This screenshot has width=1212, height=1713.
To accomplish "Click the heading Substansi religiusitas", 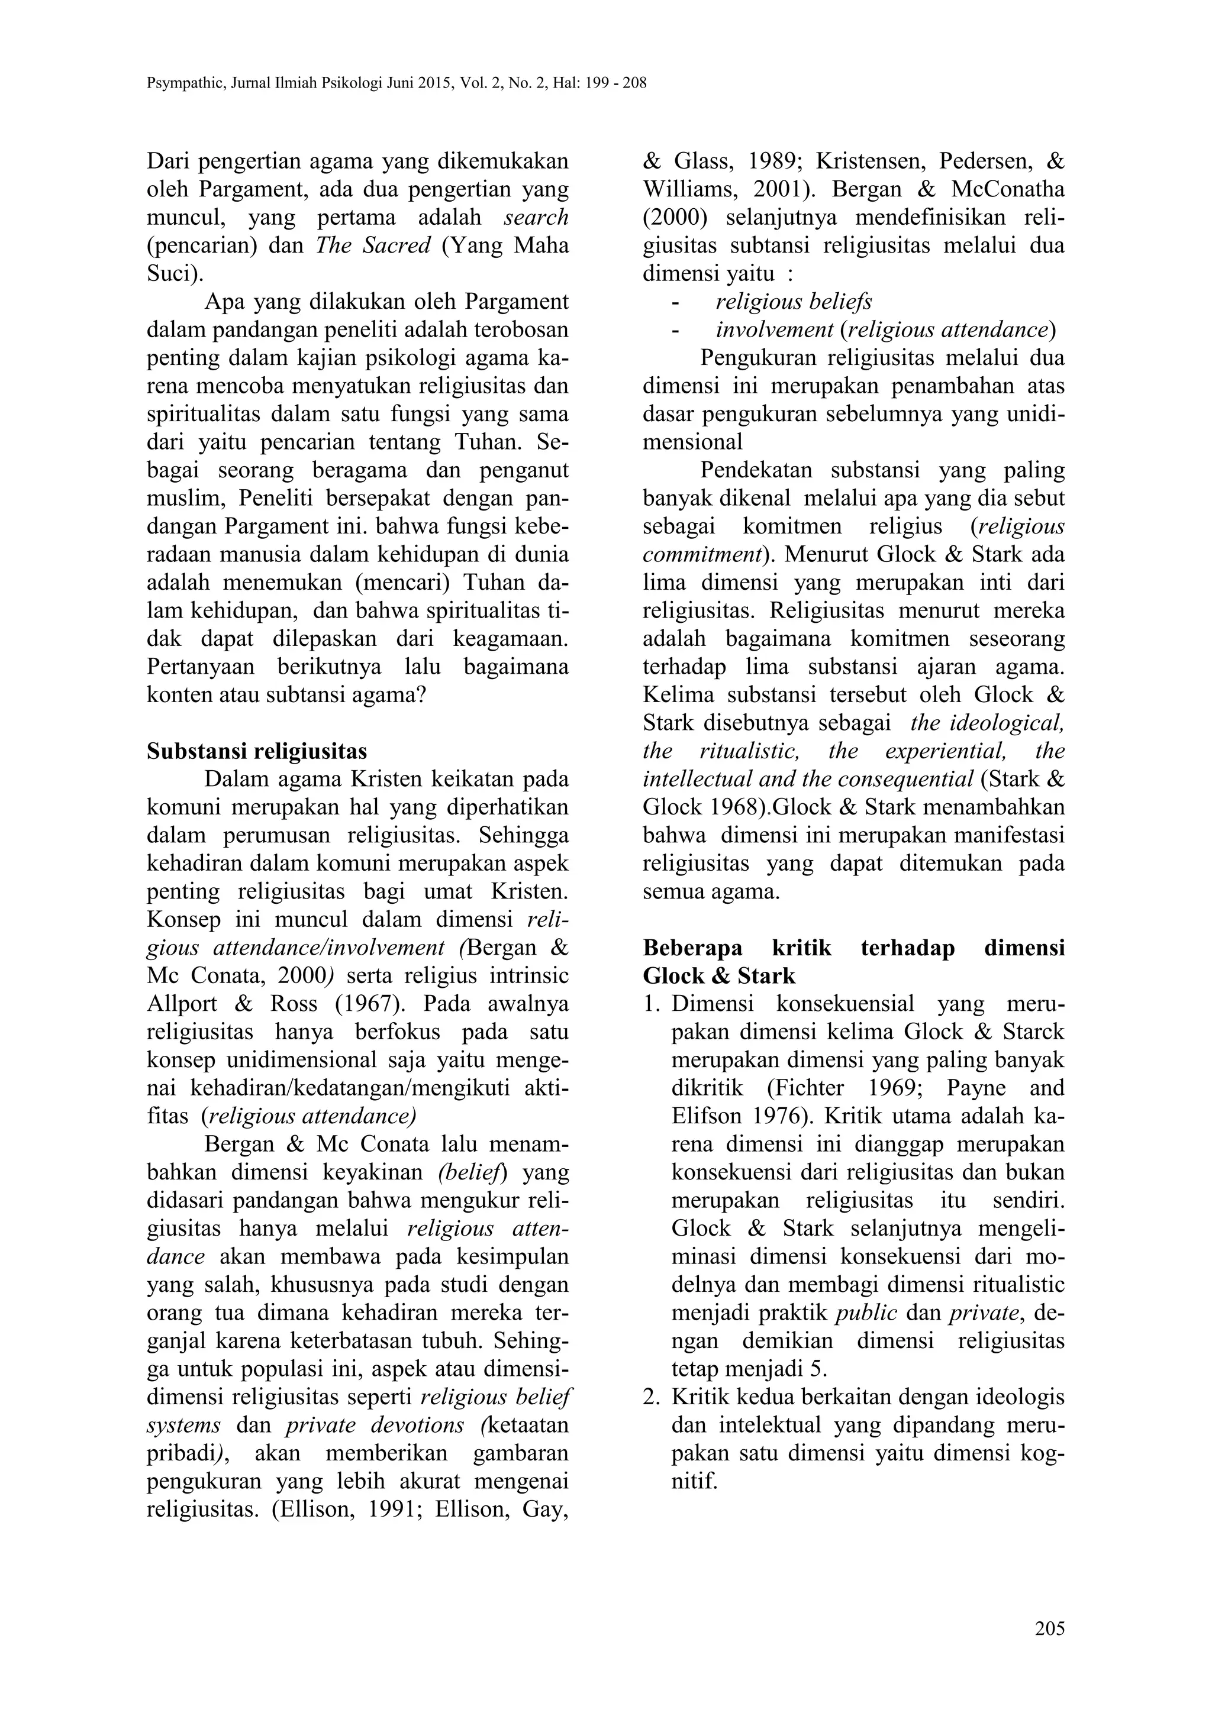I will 257,751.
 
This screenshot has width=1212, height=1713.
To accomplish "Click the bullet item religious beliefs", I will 794,302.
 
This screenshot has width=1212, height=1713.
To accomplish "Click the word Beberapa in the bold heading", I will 692,948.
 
